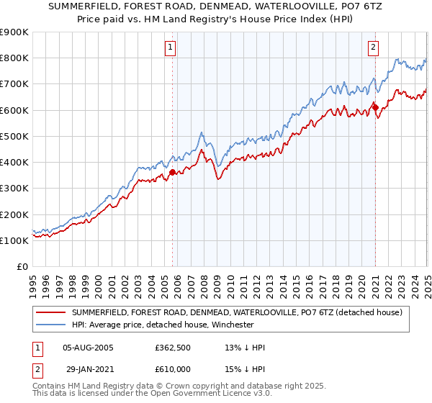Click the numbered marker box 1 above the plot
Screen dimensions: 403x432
[x=171, y=48]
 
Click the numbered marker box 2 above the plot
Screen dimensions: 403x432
[x=374, y=48]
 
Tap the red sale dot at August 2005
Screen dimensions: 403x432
[x=173, y=172]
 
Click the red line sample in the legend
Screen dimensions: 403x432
[x=52, y=312]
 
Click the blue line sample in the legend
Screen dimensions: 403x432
[x=52, y=325]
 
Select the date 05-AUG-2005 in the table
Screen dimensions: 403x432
[x=89, y=348]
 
